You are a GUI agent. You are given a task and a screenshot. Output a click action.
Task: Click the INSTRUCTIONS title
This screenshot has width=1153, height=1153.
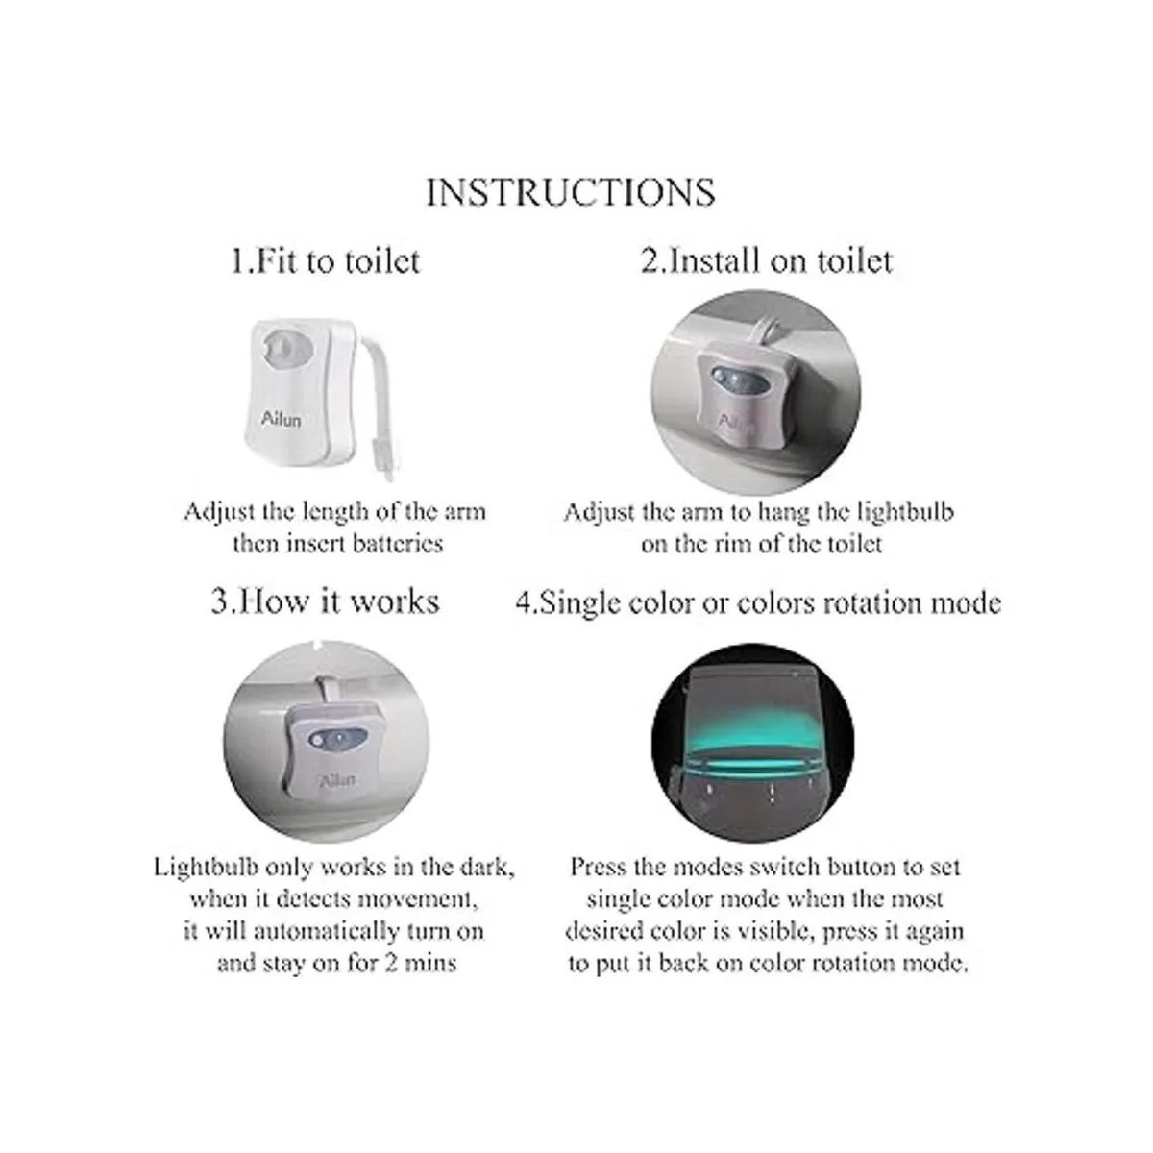[570, 193]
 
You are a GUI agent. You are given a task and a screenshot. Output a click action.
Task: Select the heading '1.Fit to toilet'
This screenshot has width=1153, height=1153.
[326, 261]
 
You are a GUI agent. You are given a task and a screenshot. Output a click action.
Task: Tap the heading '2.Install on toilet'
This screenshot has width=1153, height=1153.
[767, 261]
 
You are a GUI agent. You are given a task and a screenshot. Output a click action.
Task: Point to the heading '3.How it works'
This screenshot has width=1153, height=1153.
[325, 601]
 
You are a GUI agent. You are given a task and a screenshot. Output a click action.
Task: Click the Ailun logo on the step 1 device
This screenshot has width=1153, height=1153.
[281, 418]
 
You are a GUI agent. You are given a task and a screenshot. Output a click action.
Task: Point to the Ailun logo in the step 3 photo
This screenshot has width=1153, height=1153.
[337, 780]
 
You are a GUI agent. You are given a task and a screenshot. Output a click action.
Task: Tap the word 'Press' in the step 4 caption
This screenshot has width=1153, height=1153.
[598, 867]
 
